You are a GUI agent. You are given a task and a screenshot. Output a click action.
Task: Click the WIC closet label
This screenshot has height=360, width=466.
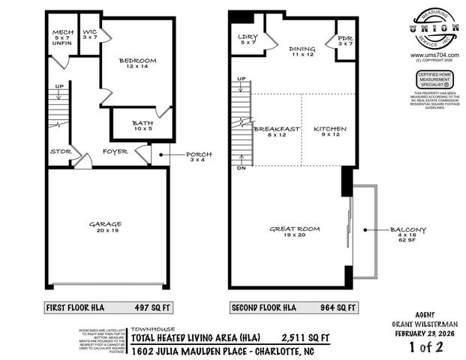coord(90,34)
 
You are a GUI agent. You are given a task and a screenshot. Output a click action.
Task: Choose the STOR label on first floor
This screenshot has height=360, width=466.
coord(60,151)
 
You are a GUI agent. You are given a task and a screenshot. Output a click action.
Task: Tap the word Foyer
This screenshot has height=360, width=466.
coord(115,151)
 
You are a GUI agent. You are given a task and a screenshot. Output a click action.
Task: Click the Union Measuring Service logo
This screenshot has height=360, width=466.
coord(435,29)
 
